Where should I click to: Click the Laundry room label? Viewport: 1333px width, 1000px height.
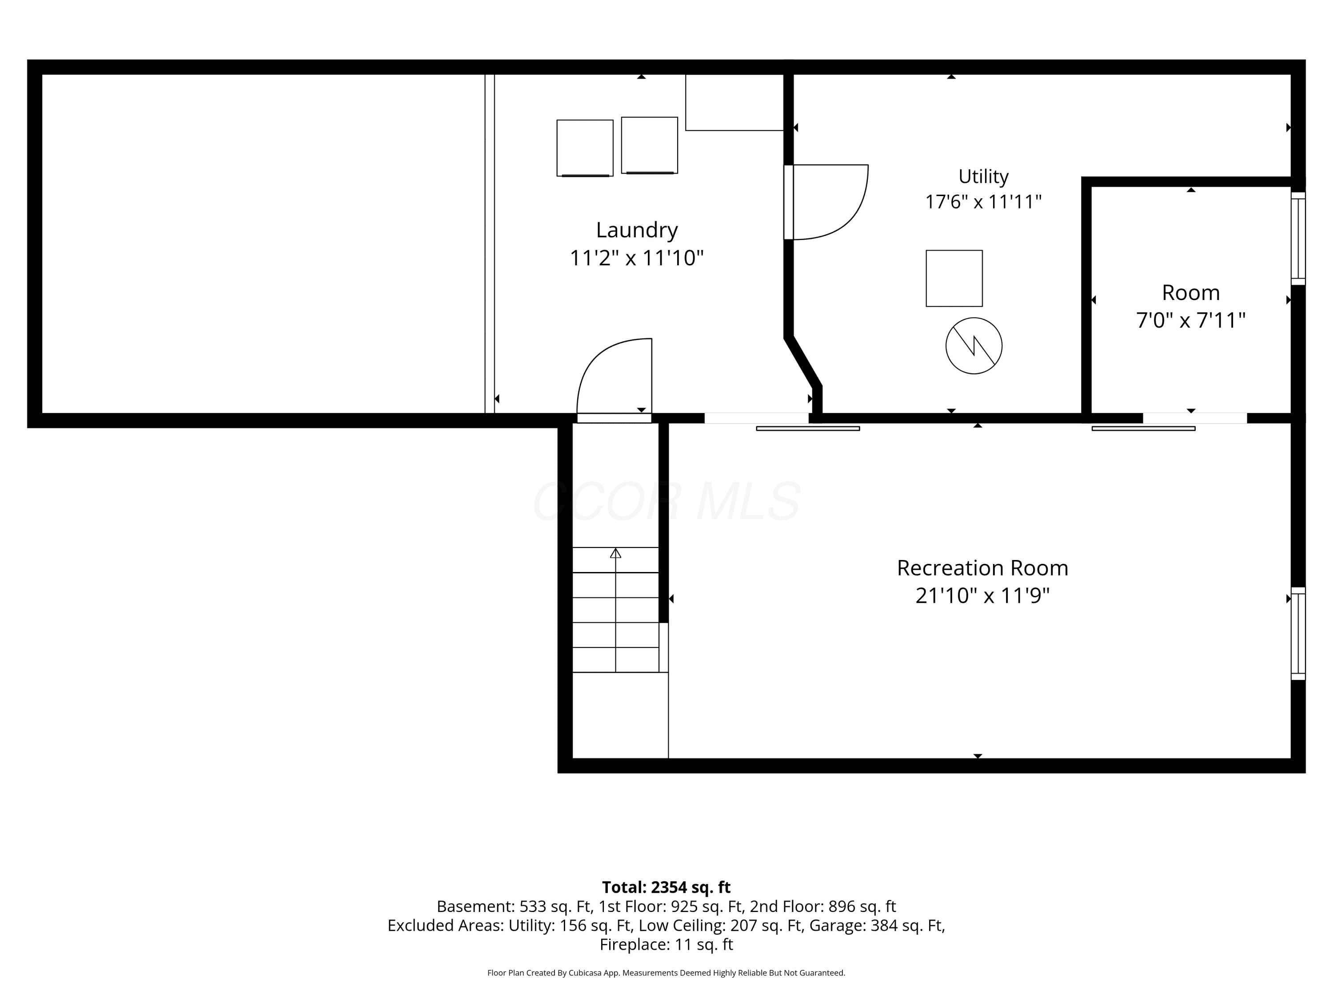click(637, 230)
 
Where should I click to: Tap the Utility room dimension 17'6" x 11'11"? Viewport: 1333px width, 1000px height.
click(983, 201)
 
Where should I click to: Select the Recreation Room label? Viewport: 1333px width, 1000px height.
click(982, 568)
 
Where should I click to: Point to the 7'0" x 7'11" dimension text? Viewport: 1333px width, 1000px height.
click(1191, 320)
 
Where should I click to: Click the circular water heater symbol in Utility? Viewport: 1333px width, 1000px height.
click(974, 346)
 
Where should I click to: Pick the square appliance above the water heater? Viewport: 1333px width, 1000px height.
click(954, 279)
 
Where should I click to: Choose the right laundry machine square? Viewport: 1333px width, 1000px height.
click(650, 145)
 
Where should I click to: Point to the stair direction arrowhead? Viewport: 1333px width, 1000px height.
click(615, 553)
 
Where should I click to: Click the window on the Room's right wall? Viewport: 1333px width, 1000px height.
click(1298, 238)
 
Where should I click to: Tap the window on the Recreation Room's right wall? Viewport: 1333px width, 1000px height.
click(1298, 633)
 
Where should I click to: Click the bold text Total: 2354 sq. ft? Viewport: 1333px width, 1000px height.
click(666, 887)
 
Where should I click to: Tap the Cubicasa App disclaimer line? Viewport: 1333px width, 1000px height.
click(666, 973)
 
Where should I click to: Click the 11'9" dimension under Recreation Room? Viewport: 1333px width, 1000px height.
click(1025, 596)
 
